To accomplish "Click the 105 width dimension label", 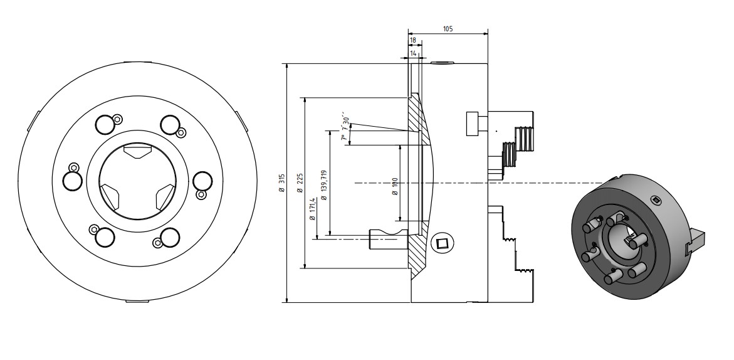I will coord(448,29).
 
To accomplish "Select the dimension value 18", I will coord(412,40).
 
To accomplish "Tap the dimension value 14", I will coord(414,55).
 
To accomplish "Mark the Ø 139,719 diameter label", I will coord(323,185).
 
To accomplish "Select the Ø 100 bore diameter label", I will coord(395,186).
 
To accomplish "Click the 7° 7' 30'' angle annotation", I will coord(345,129).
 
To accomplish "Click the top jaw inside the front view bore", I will coord(137,151).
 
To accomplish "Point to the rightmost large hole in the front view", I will coord(202,181).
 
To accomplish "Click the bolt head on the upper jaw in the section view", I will coord(475,123).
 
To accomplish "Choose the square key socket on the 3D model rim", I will coord(656,200).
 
